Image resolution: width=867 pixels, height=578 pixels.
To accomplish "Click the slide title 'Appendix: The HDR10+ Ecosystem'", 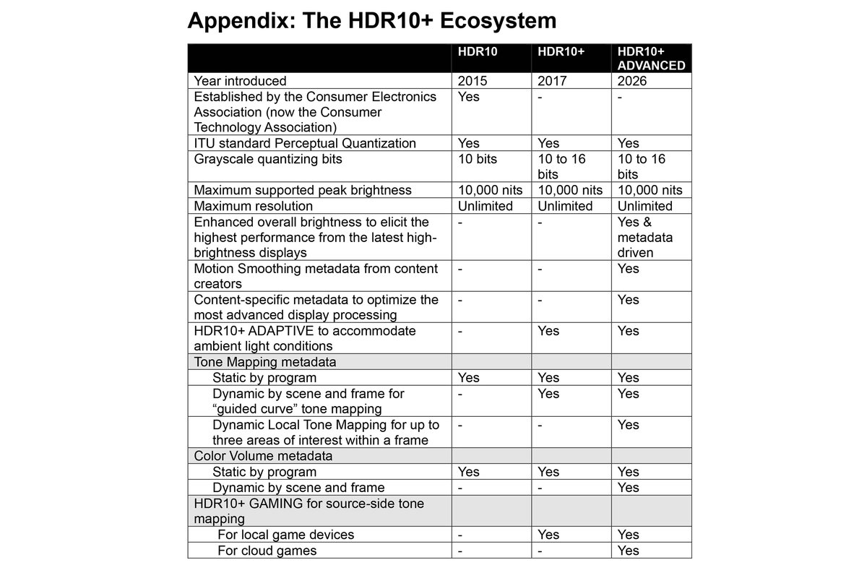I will pyautogui.click(x=371, y=20).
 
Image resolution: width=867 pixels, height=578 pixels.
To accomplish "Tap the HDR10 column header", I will pyautogui.click(x=478, y=52).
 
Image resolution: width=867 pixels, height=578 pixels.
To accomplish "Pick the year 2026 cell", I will pyautogui.click(x=633, y=81).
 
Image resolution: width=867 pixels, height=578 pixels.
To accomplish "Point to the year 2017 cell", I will pyautogui.click(x=553, y=81).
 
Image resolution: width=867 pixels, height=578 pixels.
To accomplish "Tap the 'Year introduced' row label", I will pyautogui.click(x=240, y=81).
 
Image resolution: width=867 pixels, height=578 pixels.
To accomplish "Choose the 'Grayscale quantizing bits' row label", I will pyautogui.click(x=267, y=159).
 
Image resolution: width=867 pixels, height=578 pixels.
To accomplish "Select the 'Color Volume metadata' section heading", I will pyautogui.click(x=264, y=456).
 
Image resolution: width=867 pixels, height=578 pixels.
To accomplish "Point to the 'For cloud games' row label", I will pyautogui.click(x=267, y=551).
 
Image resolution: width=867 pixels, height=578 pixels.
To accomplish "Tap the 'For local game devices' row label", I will pyautogui.click(x=285, y=535).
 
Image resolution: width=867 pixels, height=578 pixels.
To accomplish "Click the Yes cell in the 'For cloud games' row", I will pyautogui.click(x=629, y=551).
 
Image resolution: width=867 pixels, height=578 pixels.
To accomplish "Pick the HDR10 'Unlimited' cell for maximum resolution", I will pyautogui.click(x=486, y=206).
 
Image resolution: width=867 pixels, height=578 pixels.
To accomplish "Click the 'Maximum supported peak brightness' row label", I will pyautogui.click(x=303, y=190).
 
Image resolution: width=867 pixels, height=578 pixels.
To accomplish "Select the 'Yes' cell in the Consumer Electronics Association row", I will pyautogui.click(x=469, y=97).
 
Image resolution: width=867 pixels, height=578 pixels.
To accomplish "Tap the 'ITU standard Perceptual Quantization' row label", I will pyautogui.click(x=305, y=143).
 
